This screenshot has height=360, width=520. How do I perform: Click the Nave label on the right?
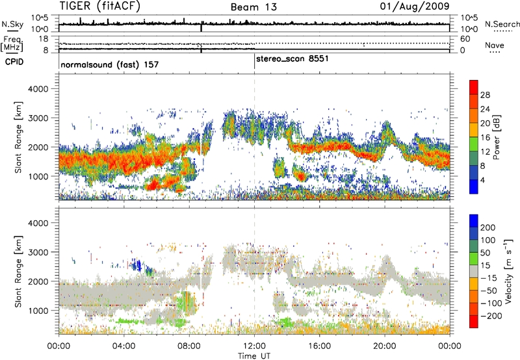(497, 45)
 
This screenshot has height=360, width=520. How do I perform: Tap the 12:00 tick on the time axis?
(254, 344)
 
